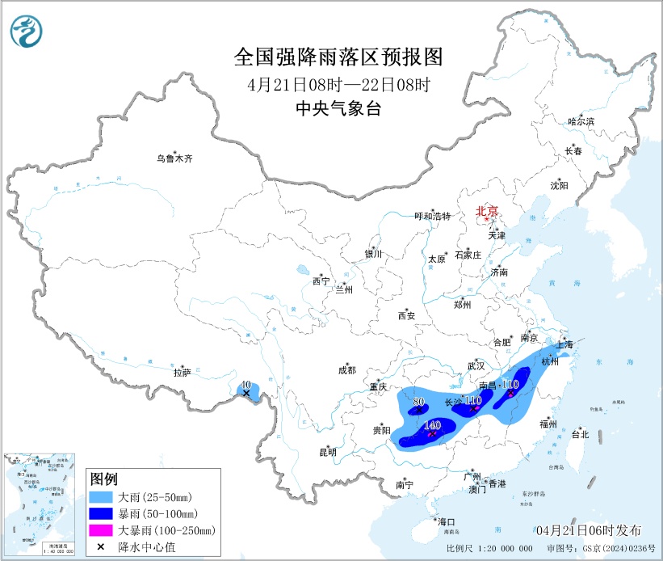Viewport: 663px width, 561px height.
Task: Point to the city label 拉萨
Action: pyautogui.click(x=182, y=373)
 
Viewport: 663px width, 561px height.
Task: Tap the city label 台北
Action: pyautogui.click(x=580, y=434)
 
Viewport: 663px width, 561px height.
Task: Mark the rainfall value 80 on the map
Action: pyautogui.click(x=418, y=400)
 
